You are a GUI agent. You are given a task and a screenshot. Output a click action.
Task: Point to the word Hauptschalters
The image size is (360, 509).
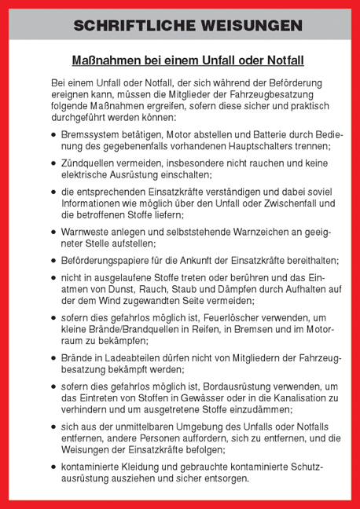click(250, 146)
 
